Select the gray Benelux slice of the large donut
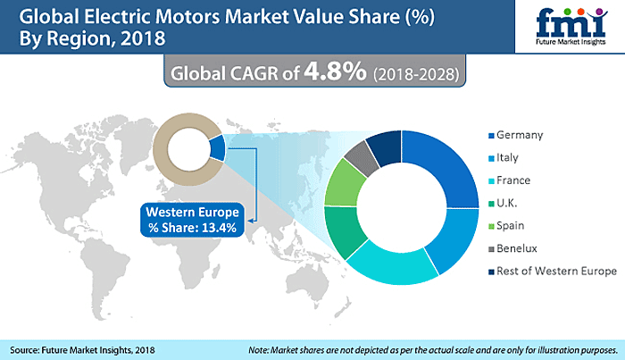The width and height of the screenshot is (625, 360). pyautogui.click(x=356, y=157)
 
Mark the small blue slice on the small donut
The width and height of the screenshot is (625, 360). pyautogui.click(x=217, y=147)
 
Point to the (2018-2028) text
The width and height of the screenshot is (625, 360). pyautogui.click(x=415, y=73)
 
